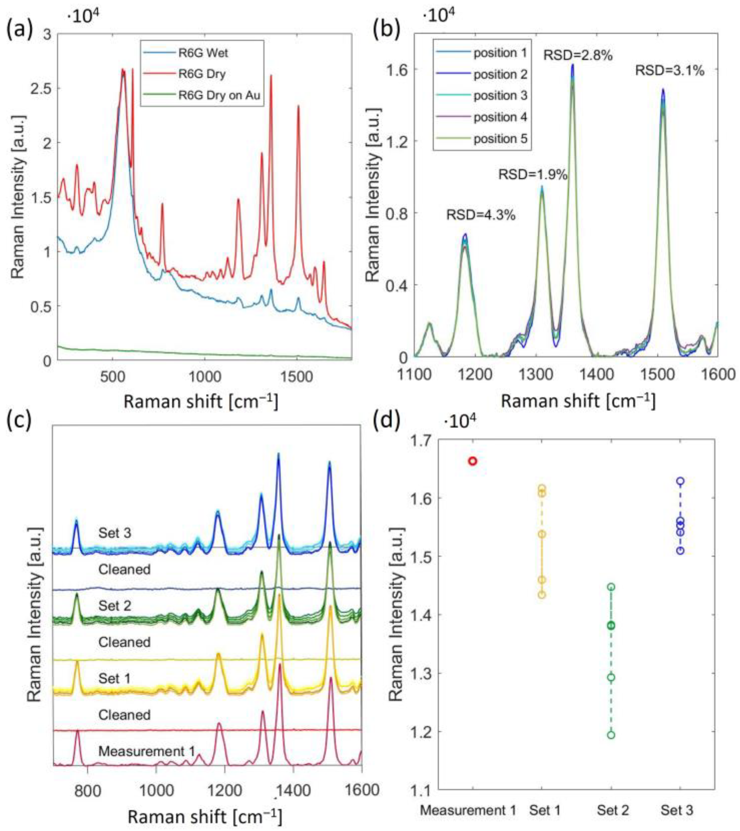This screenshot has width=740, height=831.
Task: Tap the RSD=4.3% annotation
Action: click(x=481, y=215)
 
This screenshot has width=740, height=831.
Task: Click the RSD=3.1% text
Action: click(x=670, y=71)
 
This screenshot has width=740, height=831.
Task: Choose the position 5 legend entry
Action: click(x=500, y=139)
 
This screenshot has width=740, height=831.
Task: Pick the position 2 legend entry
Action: click(x=500, y=74)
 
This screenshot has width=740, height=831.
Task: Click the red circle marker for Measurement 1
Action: click(x=472, y=461)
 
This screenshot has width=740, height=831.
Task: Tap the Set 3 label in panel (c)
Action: click(x=115, y=533)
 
